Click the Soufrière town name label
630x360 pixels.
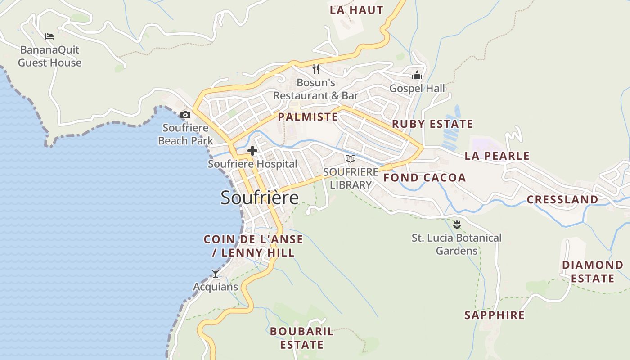tap(260, 198)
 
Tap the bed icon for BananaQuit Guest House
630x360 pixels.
tap(49, 36)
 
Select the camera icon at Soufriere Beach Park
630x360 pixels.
tap(185, 115)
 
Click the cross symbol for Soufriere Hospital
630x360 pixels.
tap(252, 151)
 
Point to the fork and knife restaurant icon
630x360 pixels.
tap(316, 69)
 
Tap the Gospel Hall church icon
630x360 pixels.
tap(417, 75)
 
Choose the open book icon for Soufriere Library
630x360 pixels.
tap(351, 158)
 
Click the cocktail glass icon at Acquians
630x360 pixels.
tap(216, 273)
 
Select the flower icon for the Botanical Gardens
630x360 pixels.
tap(457, 224)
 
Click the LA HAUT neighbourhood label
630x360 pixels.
tap(356, 10)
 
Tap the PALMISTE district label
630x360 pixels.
tap(308, 117)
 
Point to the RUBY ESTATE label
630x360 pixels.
tap(432, 124)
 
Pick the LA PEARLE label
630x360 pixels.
tap(497, 156)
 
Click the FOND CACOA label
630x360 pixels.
tap(424, 178)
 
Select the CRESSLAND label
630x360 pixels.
tap(562, 199)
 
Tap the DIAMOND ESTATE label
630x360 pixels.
tap(593, 271)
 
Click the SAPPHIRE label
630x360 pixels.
tap(495, 315)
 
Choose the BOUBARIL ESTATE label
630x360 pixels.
tap(302, 338)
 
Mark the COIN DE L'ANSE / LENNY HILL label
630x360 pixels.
tap(253, 246)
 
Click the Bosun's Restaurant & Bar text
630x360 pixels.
tap(316, 89)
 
